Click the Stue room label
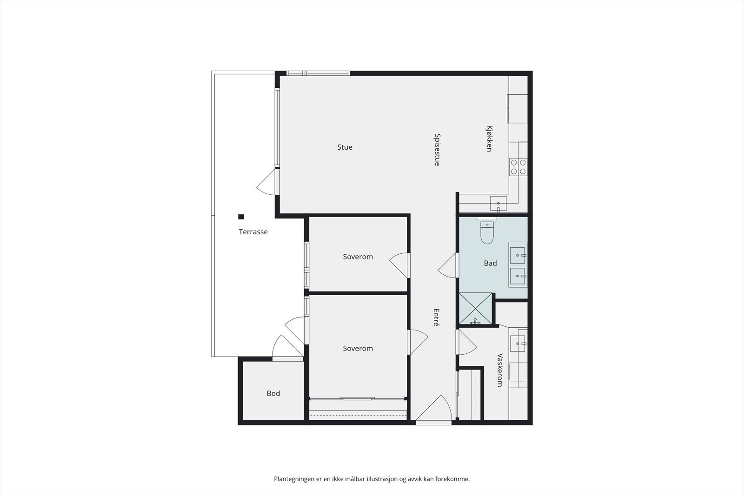pos(345,147)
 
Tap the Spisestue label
pos(437,150)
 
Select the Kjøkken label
pos(489,138)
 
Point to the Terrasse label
pos(253,232)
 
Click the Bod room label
pos(273,394)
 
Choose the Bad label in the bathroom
pos(490,264)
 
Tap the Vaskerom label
pos(500,370)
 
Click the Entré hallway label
pos(436,317)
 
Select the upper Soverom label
pos(358,257)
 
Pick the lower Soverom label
pos(358,349)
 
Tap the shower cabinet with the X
pos(475,308)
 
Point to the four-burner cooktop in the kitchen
pos(518,167)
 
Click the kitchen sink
pos(498,204)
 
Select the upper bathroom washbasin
pos(518,255)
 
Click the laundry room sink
pos(518,344)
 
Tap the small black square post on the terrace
pos(241,217)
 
